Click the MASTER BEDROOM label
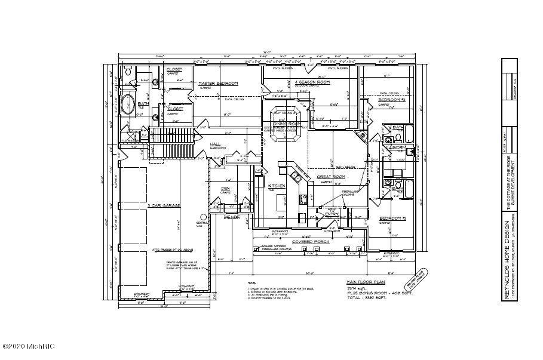[x=218, y=83]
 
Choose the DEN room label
[x=226, y=188]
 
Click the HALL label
[x=216, y=144]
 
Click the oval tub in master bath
[x=127, y=107]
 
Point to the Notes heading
[x=251, y=282]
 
